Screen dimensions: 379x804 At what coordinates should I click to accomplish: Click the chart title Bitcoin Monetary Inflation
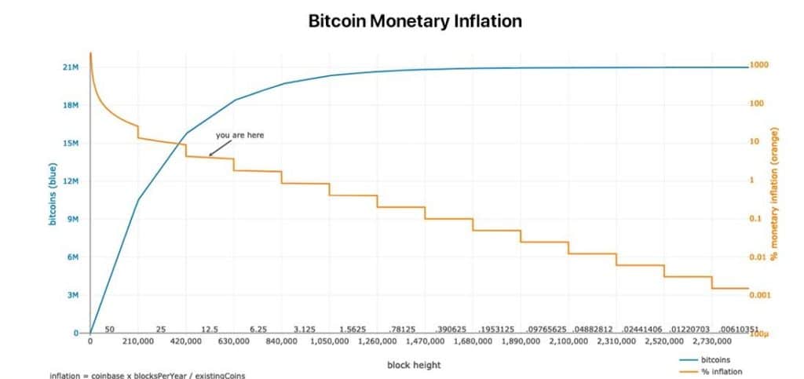[x=415, y=21]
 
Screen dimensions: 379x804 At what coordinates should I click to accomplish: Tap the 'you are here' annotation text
[x=239, y=135]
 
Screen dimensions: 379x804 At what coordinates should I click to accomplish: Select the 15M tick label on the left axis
[x=71, y=144]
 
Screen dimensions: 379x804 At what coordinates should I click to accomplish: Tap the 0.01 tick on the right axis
[x=758, y=257]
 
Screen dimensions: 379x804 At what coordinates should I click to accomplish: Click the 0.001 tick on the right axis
[x=760, y=295]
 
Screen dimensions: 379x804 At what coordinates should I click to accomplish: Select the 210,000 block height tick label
[x=138, y=342]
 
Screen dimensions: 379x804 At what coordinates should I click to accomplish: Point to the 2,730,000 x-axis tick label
[x=711, y=342]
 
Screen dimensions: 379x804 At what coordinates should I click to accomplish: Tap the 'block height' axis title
[x=414, y=365]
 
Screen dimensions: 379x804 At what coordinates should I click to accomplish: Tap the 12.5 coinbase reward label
[x=210, y=330]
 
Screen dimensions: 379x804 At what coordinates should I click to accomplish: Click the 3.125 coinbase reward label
[x=305, y=330]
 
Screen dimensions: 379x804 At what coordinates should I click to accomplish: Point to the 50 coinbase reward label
[x=110, y=330]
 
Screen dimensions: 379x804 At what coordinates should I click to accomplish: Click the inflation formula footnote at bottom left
[x=148, y=375]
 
